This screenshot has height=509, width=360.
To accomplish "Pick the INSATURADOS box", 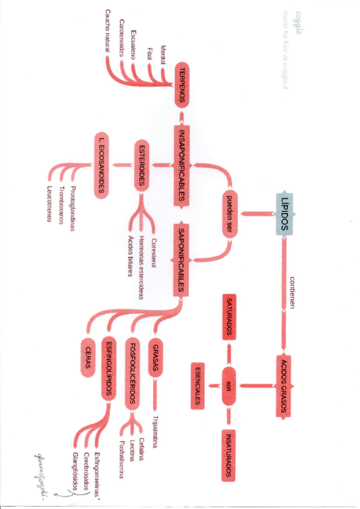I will [229, 454].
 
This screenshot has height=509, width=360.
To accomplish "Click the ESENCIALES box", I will [196, 385].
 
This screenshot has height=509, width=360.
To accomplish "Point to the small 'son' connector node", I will [229, 385].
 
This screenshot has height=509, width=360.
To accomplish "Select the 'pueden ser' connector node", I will [229, 213].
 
